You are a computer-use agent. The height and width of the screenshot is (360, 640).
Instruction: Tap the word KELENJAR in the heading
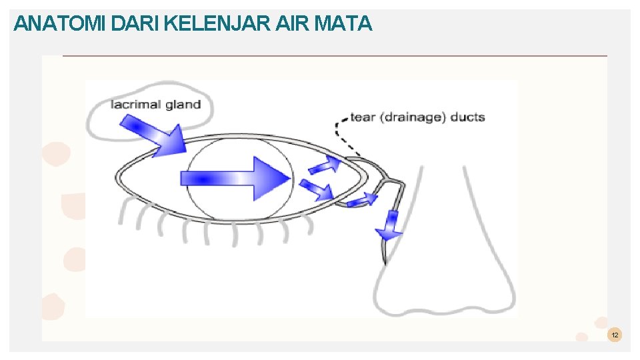pyautogui.click(x=216, y=24)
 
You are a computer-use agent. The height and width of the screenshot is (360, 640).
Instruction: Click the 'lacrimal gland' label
pyautogui.click(x=156, y=104)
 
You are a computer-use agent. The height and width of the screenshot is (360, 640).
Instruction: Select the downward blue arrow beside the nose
pyautogui.click(x=390, y=225)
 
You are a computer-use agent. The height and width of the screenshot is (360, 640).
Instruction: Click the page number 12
pyautogui.click(x=615, y=335)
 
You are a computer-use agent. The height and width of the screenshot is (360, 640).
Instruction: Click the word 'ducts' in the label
pyautogui.click(x=468, y=117)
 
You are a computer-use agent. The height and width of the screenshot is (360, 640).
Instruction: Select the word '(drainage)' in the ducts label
pyautogui.click(x=413, y=117)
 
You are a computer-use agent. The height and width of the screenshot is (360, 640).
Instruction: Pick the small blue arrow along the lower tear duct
pyautogui.click(x=363, y=199)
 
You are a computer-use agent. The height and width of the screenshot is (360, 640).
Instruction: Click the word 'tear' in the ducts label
pyautogui.click(x=363, y=117)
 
